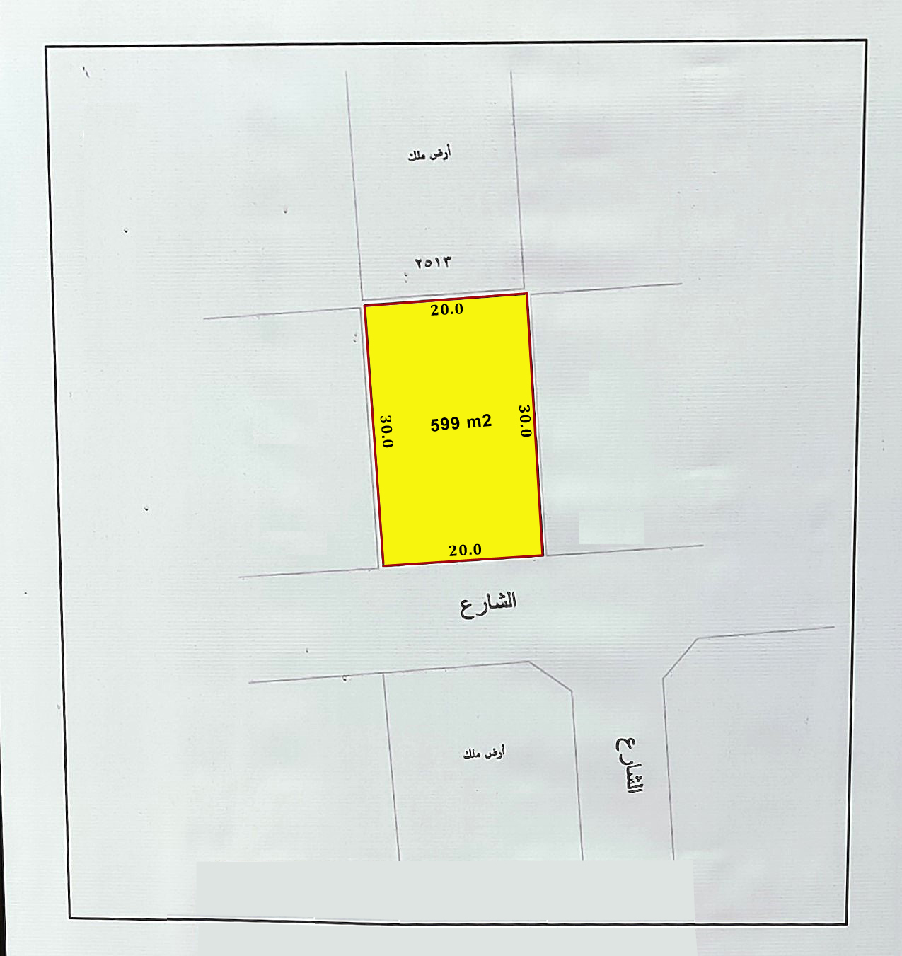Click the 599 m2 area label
(461, 423)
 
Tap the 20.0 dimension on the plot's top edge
(446, 309)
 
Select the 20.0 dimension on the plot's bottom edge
(465, 550)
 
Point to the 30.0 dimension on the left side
(386, 431)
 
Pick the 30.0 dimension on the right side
(524, 420)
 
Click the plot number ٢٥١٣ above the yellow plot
(433, 262)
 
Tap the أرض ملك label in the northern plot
(429, 154)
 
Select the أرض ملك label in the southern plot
(484, 753)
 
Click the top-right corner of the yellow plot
(527, 294)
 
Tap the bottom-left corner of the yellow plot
(383, 566)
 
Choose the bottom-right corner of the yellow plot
(543, 555)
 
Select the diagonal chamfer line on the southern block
(550, 676)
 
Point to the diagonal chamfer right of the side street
(681, 658)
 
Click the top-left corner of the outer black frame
(46, 47)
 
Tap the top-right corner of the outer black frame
(866, 41)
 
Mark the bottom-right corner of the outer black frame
(847, 924)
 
